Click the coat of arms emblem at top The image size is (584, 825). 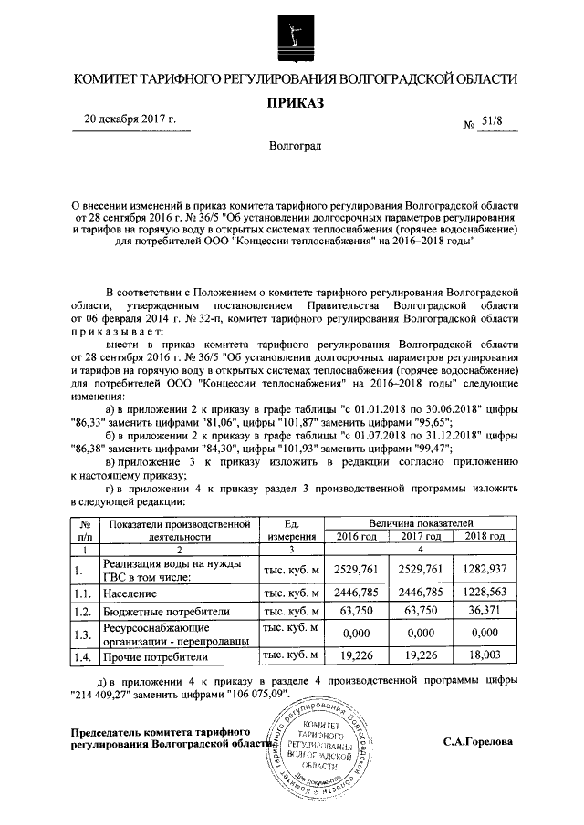(x=291, y=34)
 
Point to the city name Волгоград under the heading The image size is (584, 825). (x=292, y=146)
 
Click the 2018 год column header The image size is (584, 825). (x=484, y=536)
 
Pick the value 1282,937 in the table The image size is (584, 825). (x=484, y=570)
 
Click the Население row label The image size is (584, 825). (x=133, y=592)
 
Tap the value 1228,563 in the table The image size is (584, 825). (x=484, y=592)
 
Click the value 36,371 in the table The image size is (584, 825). (x=484, y=611)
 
